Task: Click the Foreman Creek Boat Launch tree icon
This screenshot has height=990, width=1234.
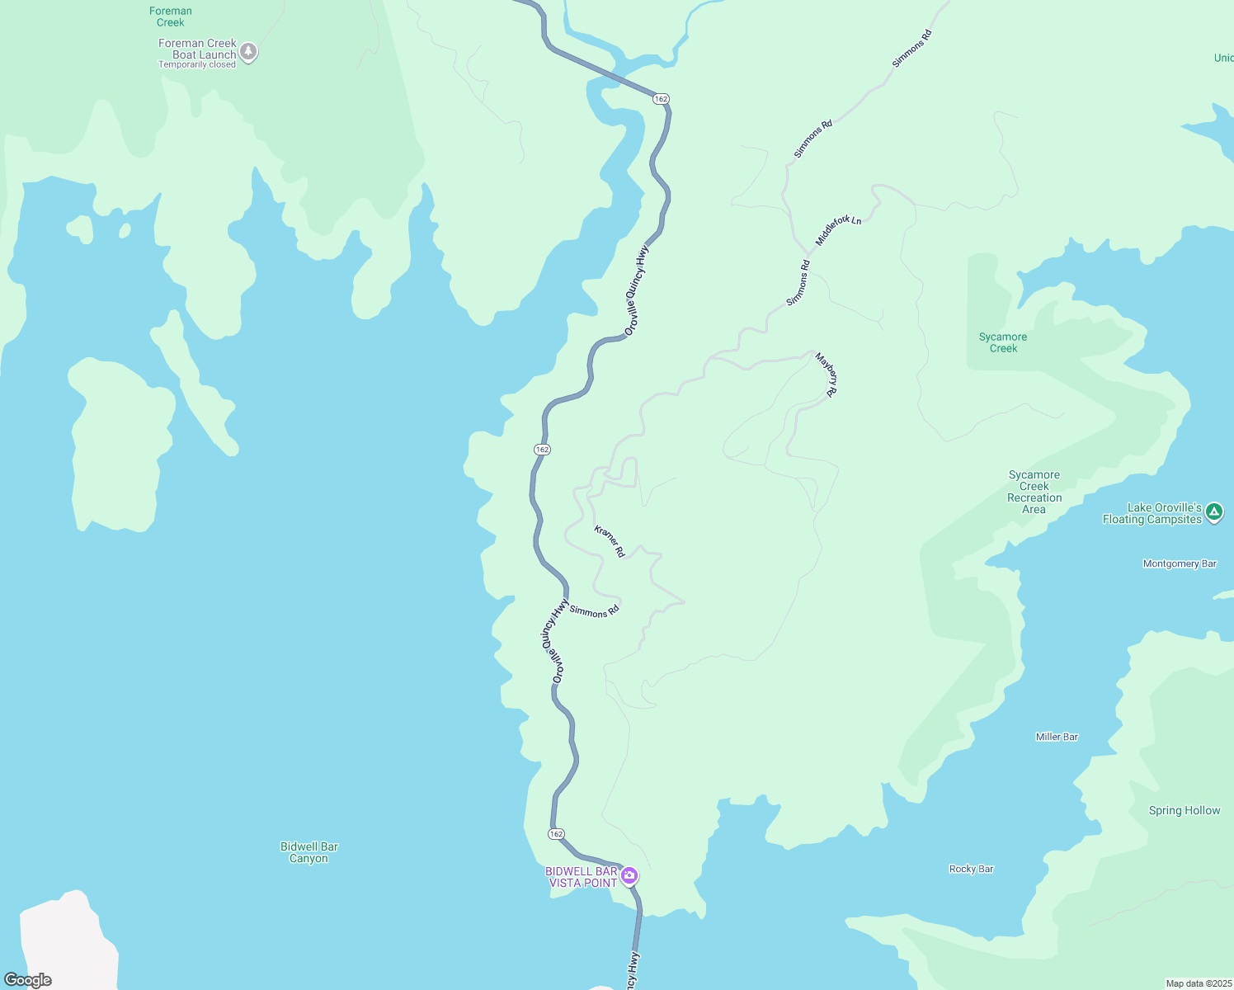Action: tap(248, 52)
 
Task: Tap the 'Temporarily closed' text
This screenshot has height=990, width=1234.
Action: tap(197, 65)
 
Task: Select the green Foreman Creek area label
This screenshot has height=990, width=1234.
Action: tap(171, 16)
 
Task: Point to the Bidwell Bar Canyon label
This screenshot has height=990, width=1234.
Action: tap(308, 852)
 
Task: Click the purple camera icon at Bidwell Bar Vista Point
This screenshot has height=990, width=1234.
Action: tap(629, 875)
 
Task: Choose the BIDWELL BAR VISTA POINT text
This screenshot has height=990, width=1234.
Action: tap(582, 877)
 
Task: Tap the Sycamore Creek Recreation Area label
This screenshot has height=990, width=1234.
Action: tap(1034, 492)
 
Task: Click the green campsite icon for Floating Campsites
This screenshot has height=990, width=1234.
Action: tap(1214, 512)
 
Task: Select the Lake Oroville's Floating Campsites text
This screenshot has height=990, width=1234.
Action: tap(1152, 513)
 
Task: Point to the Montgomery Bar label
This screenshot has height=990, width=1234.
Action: tap(1180, 564)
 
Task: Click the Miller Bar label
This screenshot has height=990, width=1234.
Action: tap(1057, 737)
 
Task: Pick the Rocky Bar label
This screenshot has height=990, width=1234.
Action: tap(971, 869)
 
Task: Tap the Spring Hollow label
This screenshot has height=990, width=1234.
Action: tap(1185, 811)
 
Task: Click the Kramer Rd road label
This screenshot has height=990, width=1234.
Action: tap(610, 541)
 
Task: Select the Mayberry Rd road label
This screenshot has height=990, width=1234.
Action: tap(827, 375)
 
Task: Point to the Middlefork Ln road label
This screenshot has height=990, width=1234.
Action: tap(838, 230)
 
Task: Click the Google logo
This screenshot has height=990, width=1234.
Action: tap(28, 980)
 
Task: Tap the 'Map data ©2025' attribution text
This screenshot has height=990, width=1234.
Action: tap(1199, 983)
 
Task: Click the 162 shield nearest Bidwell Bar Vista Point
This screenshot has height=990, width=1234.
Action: tap(556, 834)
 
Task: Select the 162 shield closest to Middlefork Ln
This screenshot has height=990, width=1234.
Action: tap(660, 99)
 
